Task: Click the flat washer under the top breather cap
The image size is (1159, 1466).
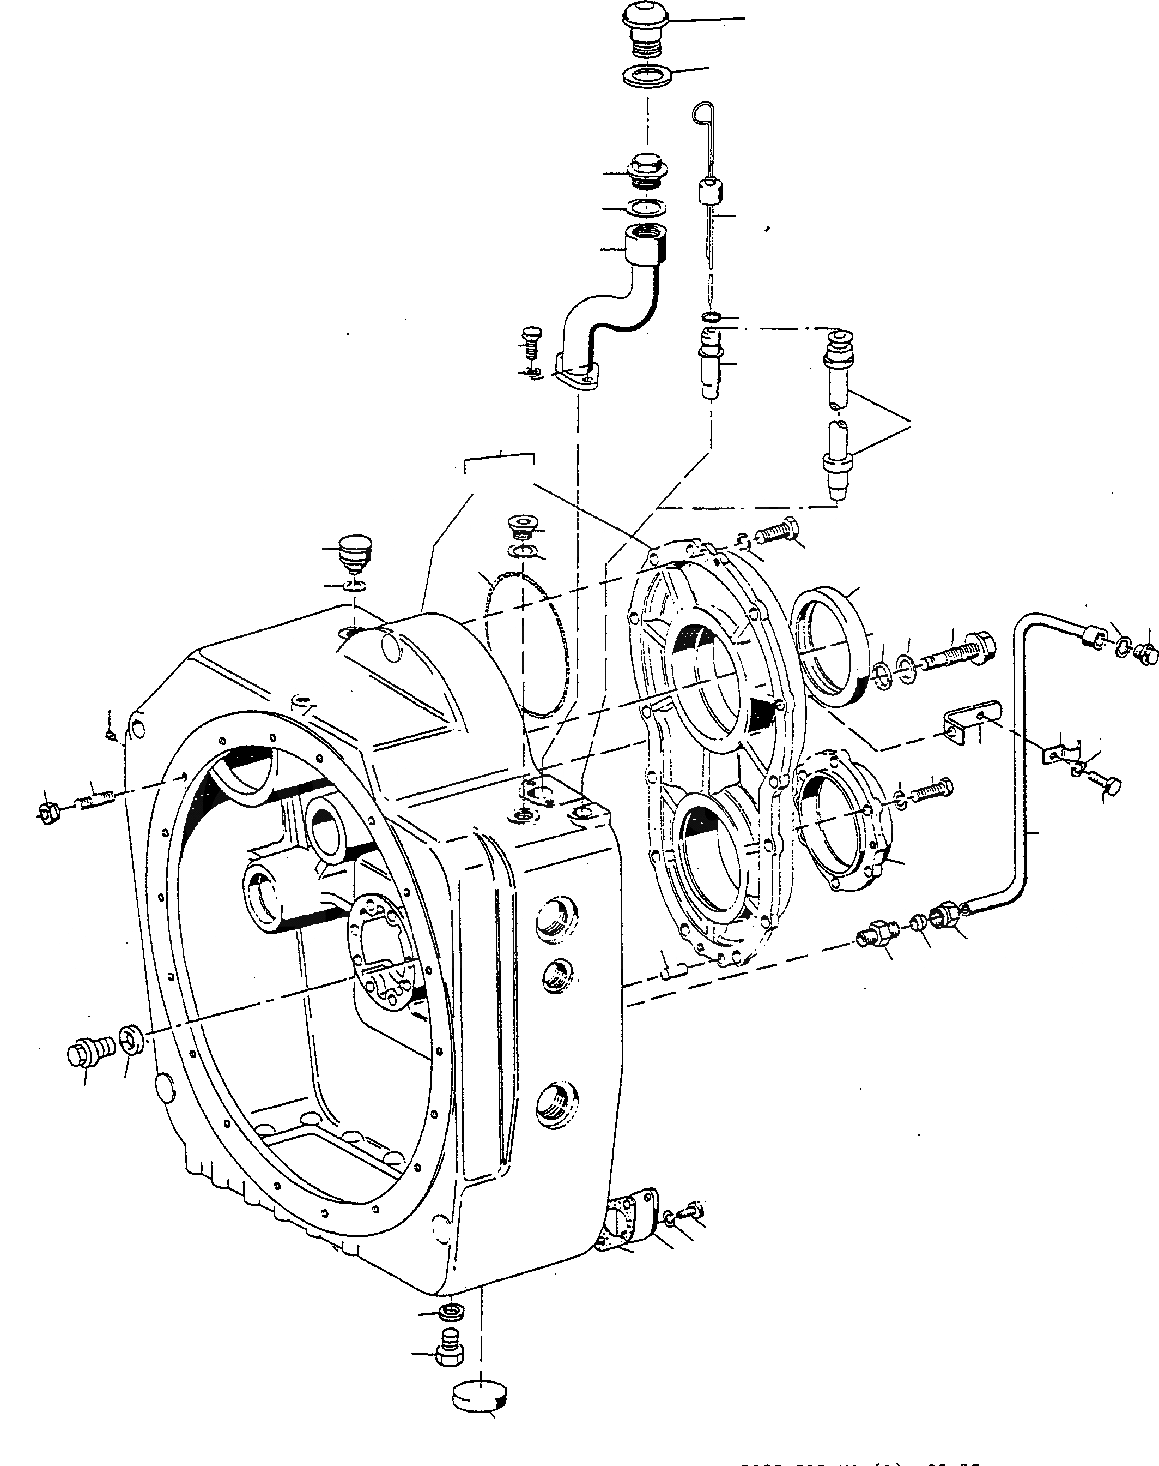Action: (x=647, y=75)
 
